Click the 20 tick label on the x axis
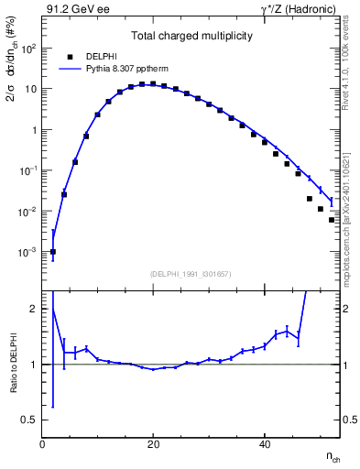tap(153, 444)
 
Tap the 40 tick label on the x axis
tap(265, 444)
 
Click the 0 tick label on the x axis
tap(42, 444)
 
